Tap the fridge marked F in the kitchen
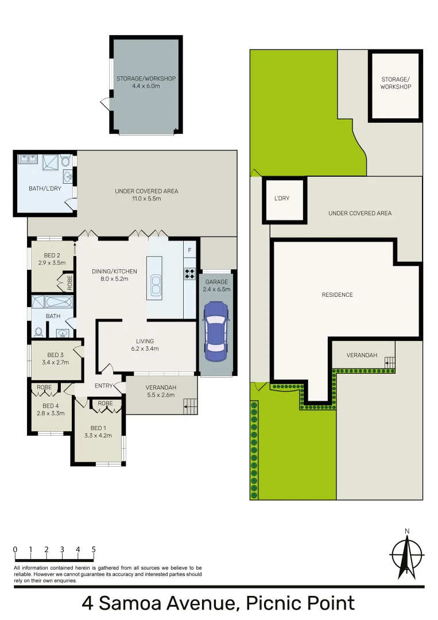click(189, 251)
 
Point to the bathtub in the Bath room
click(52, 302)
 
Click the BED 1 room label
click(98, 428)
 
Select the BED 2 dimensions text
click(52, 263)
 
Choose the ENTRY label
click(104, 386)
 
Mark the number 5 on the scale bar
click(93, 549)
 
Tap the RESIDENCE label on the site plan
click(337, 294)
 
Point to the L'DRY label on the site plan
click(281, 199)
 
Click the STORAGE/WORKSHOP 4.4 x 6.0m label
click(146, 82)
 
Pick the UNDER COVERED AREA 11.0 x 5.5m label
click(146, 195)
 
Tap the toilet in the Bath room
click(39, 332)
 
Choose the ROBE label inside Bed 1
click(105, 404)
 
